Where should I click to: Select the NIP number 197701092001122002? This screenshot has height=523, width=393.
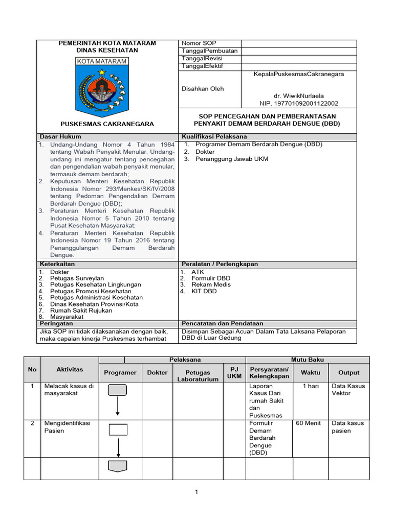tap(299, 103)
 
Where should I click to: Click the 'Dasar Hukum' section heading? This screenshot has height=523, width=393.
tap(60, 137)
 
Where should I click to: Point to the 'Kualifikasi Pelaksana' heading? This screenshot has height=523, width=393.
tap(214, 137)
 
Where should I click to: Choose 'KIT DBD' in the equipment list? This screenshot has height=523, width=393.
tap(204, 291)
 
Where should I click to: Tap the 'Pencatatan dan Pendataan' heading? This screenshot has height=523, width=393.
tap(223, 323)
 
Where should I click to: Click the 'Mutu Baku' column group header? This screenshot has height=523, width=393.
tap(308, 360)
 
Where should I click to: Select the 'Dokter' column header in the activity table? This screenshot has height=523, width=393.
tap(157, 372)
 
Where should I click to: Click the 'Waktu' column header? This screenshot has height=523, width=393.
tap(310, 372)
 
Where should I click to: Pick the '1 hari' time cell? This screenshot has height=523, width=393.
tap(311, 386)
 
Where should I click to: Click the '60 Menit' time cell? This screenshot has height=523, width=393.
tap(309, 423)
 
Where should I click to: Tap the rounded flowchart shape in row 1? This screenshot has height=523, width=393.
tap(118, 391)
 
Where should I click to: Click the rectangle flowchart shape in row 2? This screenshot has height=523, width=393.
tap(118, 429)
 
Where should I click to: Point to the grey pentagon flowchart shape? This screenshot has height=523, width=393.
tap(118, 466)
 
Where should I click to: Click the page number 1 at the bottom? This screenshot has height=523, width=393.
tap(196, 492)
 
